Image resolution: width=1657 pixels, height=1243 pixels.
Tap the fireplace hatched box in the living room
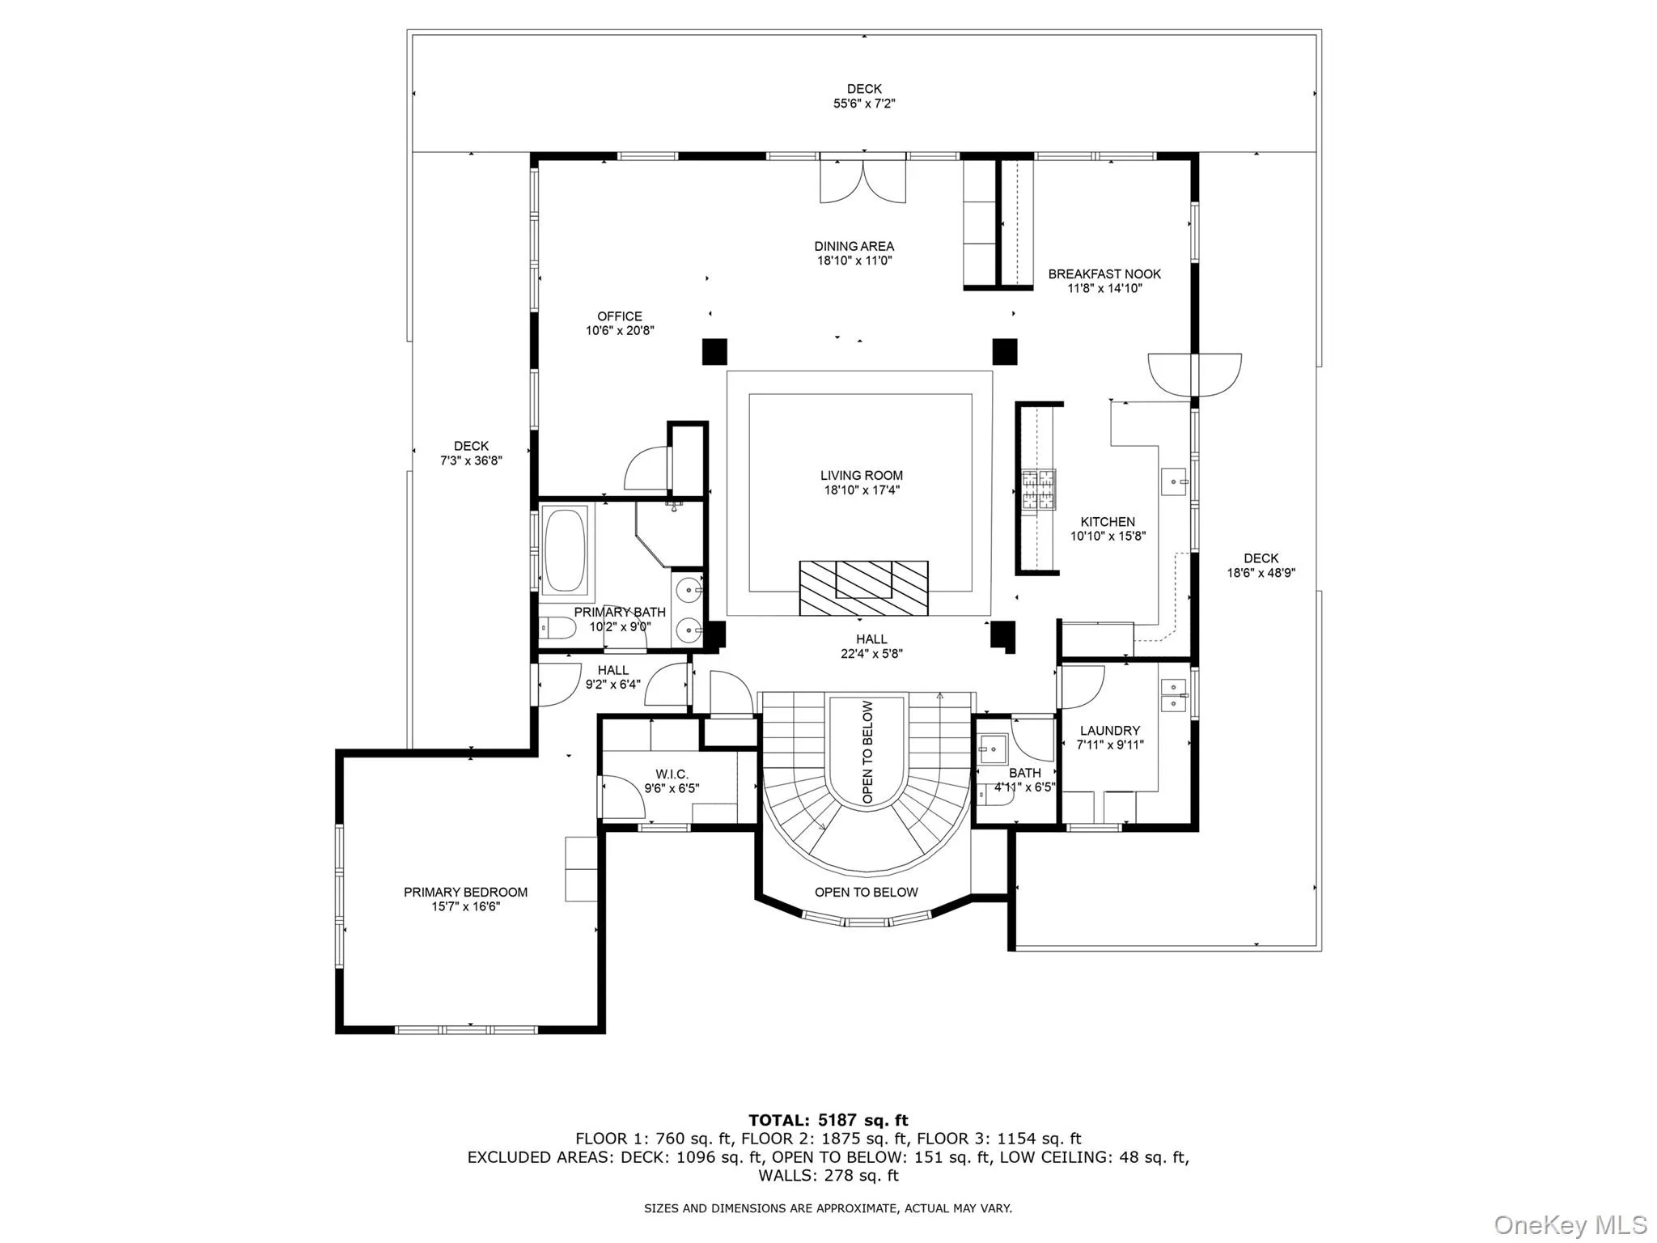click(863, 588)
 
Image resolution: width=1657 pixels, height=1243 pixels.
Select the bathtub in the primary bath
click(565, 550)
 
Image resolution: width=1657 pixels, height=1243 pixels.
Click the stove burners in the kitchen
click(1038, 490)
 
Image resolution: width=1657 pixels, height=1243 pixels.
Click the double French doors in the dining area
click(862, 181)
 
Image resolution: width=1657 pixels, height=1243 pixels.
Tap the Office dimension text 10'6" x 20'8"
click(620, 331)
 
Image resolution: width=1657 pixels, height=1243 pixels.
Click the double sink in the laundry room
click(1173, 695)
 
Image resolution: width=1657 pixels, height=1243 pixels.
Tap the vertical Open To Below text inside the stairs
click(867, 752)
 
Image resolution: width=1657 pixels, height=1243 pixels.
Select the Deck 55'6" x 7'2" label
click(864, 96)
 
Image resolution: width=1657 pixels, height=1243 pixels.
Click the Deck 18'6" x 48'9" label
click(1261, 565)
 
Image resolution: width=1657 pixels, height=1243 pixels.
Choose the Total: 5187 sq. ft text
click(828, 1120)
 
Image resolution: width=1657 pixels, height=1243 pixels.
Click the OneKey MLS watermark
click(1570, 1224)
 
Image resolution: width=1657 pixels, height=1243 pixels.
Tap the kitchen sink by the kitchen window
click(1173, 482)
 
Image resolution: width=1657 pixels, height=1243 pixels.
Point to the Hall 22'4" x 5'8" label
click(871, 646)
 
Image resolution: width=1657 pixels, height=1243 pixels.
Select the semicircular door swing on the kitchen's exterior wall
click(1194, 374)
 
